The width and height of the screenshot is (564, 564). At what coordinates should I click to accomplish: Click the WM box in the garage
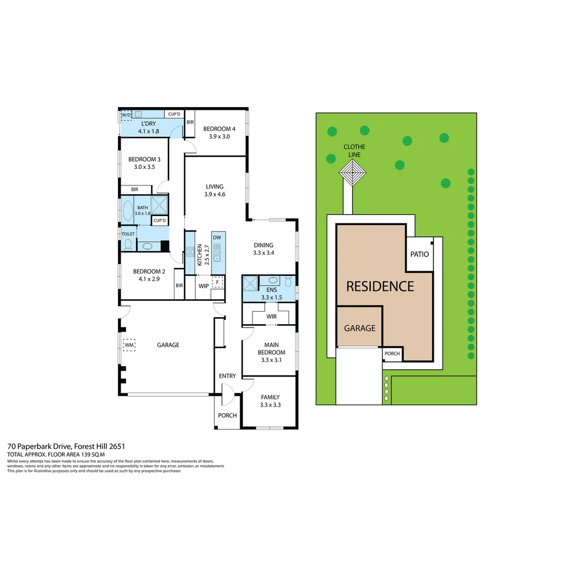(129, 345)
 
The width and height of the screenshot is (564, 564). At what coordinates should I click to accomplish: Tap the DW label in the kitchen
(218, 237)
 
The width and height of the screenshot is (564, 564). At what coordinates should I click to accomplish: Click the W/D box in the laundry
(126, 115)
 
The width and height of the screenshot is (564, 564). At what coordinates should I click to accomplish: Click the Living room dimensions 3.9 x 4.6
(214, 194)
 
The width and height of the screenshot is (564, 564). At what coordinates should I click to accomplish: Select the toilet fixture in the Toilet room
(128, 244)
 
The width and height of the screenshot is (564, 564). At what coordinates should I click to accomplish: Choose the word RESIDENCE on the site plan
(380, 286)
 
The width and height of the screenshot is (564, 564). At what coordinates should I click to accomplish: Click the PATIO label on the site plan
(419, 254)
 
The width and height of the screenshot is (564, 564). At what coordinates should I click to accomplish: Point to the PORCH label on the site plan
(392, 354)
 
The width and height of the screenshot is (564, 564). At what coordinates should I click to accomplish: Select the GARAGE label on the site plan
(359, 328)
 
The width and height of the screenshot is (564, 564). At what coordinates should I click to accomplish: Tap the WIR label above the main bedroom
(271, 316)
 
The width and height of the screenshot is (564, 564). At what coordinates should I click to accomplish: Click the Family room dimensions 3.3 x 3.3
(270, 404)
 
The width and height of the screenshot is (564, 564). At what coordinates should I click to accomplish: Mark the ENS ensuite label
(271, 290)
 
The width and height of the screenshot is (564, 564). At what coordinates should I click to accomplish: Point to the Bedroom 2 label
(149, 272)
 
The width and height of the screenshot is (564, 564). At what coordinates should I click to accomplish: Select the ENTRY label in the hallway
(227, 376)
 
